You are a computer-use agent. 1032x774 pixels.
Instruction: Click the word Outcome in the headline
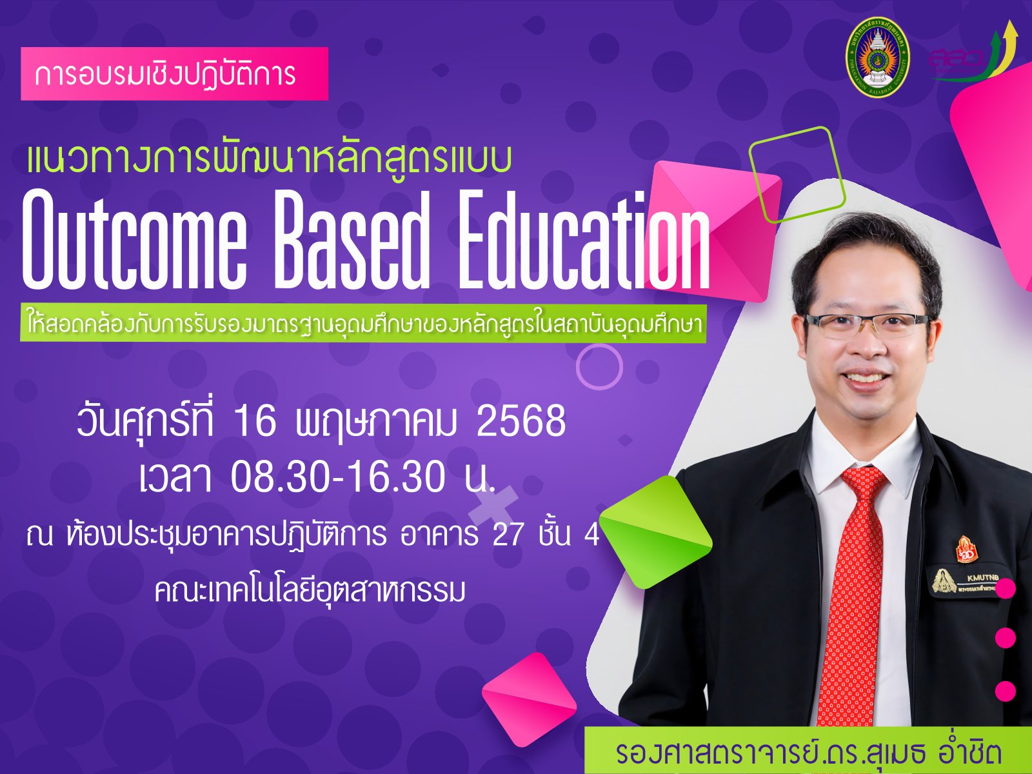pyautogui.click(x=134, y=241)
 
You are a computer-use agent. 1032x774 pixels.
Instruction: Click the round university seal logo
pyautogui.click(x=877, y=57)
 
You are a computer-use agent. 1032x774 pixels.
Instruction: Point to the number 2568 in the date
pyautogui.click(x=521, y=422)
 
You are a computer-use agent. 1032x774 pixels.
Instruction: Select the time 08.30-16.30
pyautogui.click(x=337, y=477)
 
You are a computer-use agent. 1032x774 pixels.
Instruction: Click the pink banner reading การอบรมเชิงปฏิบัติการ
pyautogui.click(x=174, y=74)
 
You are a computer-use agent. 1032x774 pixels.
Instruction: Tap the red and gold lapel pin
pyautogui.click(x=967, y=550)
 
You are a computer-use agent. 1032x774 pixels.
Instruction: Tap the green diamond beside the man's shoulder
pyautogui.click(x=656, y=531)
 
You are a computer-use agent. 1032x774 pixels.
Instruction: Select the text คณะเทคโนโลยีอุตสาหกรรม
pyautogui.click(x=310, y=590)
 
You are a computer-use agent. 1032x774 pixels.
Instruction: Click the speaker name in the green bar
pyautogui.click(x=808, y=753)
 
